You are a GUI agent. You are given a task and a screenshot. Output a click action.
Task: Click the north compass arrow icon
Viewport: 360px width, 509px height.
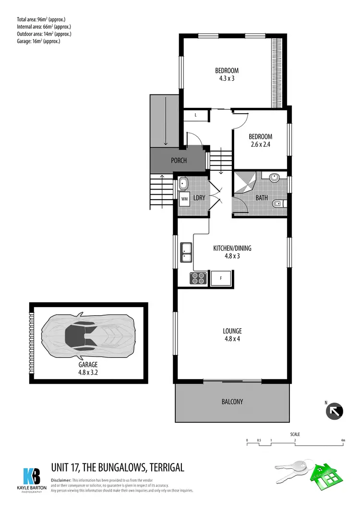click(334, 411)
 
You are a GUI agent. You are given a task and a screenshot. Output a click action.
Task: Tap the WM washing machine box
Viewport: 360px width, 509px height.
click(185, 199)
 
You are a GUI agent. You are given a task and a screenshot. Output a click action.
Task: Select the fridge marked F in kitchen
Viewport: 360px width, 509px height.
click(221, 278)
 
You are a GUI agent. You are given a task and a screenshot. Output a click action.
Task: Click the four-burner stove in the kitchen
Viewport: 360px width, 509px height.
click(198, 278)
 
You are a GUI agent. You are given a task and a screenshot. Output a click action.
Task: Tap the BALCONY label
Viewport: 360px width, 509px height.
click(232, 402)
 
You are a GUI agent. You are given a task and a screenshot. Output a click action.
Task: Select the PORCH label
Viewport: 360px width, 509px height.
click(179, 161)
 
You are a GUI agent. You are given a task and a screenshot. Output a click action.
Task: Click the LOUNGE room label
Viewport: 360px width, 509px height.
click(232, 331)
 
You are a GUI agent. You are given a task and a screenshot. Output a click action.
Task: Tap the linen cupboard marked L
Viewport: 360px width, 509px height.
click(196, 115)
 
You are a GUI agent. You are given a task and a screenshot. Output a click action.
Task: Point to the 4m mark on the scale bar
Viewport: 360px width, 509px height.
click(343, 439)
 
